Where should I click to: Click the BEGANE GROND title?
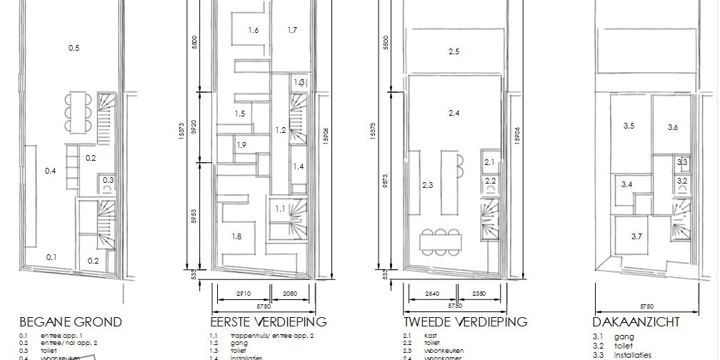(x=71, y=321)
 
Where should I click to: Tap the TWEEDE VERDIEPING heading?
(x=465, y=321)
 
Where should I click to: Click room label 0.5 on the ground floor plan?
(x=74, y=48)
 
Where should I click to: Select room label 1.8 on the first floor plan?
(x=236, y=236)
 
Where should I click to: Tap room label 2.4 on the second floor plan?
(x=454, y=113)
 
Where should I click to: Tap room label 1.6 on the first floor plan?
(x=253, y=30)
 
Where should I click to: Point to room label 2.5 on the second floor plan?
(x=454, y=51)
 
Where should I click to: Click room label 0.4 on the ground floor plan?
(x=50, y=171)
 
